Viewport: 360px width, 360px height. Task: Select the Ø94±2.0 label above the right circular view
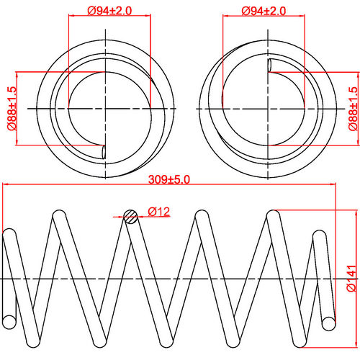(264, 10)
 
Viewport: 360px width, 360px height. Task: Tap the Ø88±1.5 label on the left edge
(12, 108)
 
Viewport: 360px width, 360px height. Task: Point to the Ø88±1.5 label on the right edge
(352, 108)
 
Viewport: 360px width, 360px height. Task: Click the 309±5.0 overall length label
(168, 179)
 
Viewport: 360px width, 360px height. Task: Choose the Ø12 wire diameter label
(158, 211)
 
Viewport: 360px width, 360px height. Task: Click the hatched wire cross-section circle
(130, 215)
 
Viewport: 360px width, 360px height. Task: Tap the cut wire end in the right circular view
(270, 66)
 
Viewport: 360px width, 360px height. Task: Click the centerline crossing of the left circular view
(106, 108)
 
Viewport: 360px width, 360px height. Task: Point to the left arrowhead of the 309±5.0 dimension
(6, 186)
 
